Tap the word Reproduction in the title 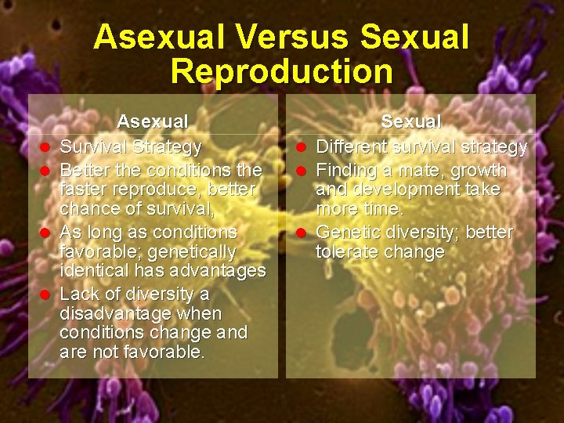coord(281,71)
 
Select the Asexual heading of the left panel coord(153,121)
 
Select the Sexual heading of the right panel coord(411,121)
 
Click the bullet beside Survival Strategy coord(45,147)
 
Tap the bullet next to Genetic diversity coord(301,233)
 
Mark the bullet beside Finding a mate coord(301,171)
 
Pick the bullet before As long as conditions coord(45,233)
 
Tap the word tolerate coord(345,251)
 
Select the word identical coord(90,271)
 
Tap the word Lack coord(79,294)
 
